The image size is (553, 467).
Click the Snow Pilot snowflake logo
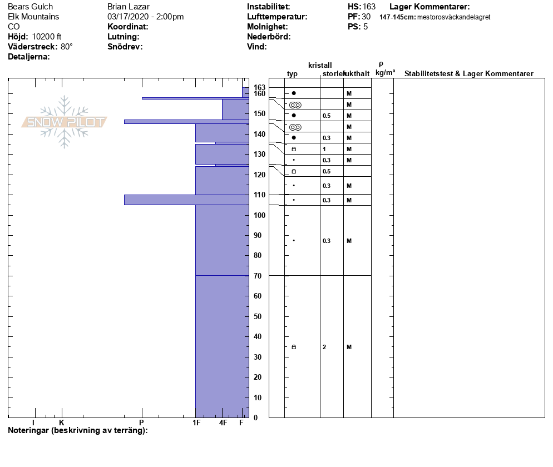[65, 122]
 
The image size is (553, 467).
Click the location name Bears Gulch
[31, 7]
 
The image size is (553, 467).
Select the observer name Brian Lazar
[129, 7]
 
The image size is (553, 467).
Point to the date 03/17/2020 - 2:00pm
[145, 17]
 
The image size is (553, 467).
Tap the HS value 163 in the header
[369, 7]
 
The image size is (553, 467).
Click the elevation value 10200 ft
[47, 37]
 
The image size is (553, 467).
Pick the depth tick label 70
[258, 276]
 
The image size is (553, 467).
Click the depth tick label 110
[258, 195]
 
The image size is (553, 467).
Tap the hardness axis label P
[141, 423]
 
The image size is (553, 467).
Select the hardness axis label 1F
[196, 423]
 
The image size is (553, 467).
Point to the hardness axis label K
[62, 423]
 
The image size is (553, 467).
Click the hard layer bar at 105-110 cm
[186, 200]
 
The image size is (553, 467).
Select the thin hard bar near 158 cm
[195, 98]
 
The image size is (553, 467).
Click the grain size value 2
[324, 347]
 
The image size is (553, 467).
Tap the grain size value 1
[324, 149]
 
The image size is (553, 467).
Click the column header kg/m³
[385, 73]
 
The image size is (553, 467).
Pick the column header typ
[292, 74]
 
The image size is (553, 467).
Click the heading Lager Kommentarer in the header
[429, 7]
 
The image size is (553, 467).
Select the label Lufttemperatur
[277, 17]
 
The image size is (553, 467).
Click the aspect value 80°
[67, 47]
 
